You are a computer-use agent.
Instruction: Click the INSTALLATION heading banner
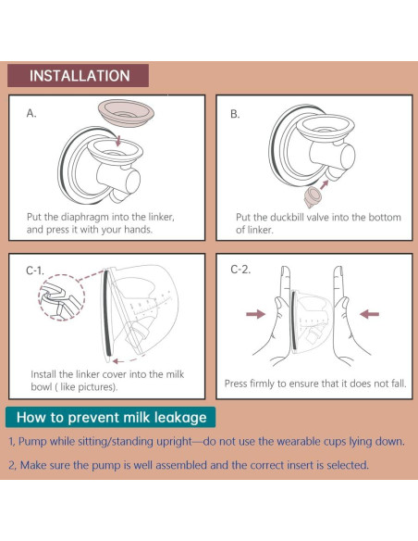click(x=79, y=75)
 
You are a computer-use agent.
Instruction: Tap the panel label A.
click(x=31, y=113)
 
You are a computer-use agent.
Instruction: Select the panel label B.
click(x=235, y=114)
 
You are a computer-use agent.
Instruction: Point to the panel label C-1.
click(x=35, y=270)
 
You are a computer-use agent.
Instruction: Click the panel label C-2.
click(x=240, y=270)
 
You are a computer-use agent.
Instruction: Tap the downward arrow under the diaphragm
click(x=118, y=140)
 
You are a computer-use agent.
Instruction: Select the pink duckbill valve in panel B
click(x=313, y=197)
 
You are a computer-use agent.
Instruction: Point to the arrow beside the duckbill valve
click(x=325, y=184)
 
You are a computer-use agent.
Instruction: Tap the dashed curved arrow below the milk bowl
click(x=125, y=360)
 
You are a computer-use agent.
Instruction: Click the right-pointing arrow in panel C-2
click(x=256, y=314)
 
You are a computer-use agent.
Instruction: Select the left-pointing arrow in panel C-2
click(x=369, y=314)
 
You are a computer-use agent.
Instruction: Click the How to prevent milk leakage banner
click(x=111, y=417)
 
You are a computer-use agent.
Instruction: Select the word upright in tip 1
click(x=174, y=442)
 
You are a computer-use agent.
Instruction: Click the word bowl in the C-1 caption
click(x=42, y=387)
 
